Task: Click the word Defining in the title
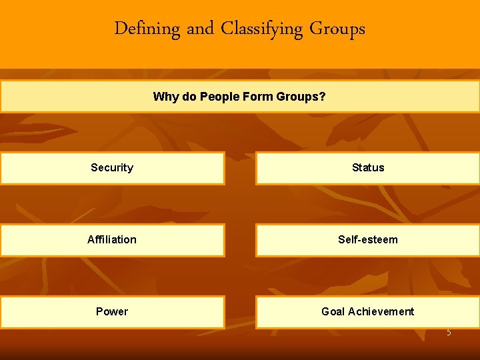click(x=147, y=29)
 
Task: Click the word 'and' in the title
click(x=200, y=29)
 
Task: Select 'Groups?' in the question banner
click(x=299, y=97)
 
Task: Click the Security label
click(x=112, y=168)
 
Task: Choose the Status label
click(x=368, y=168)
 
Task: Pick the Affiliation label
click(x=112, y=240)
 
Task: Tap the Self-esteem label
click(x=368, y=240)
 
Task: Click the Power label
click(x=112, y=312)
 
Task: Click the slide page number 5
click(x=449, y=332)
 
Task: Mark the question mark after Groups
click(x=323, y=97)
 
